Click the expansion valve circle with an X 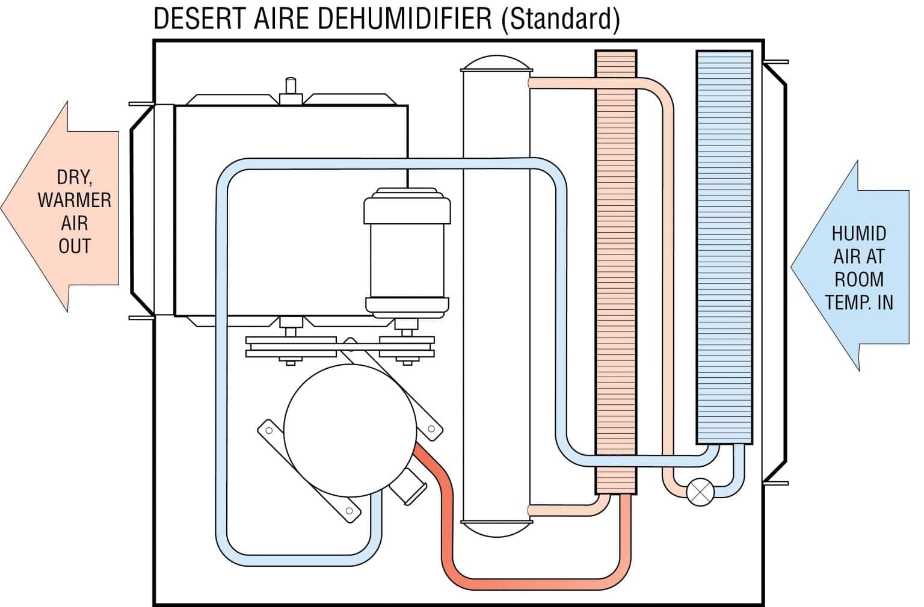pyautogui.click(x=700, y=491)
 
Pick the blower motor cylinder pyautogui.click(x=407, y=253)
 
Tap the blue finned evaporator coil pyautogui.click(x=724, y=247)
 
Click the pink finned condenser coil pyautogui.click(x=615, y=271)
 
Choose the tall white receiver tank pyautogui.click(x=496, y=301)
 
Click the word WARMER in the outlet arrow pyautogui.click(x=74, y=200)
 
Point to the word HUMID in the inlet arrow pyautogui.click(x=858, y=233)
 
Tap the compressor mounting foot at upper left pyautogui.click(x=269, y=430)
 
